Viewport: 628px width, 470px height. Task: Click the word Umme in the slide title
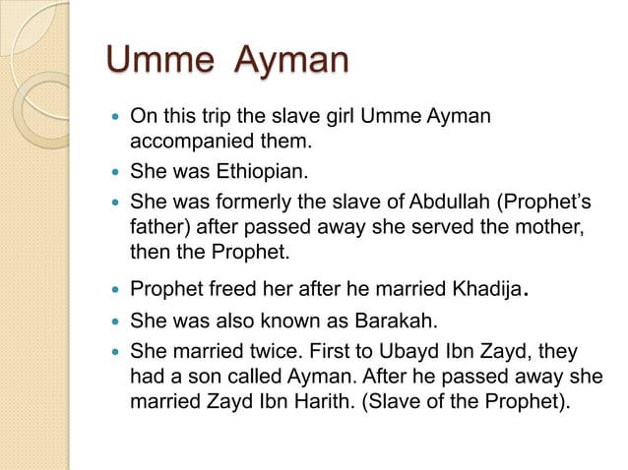coord(157,61)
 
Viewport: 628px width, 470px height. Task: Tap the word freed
coord(226,291)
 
